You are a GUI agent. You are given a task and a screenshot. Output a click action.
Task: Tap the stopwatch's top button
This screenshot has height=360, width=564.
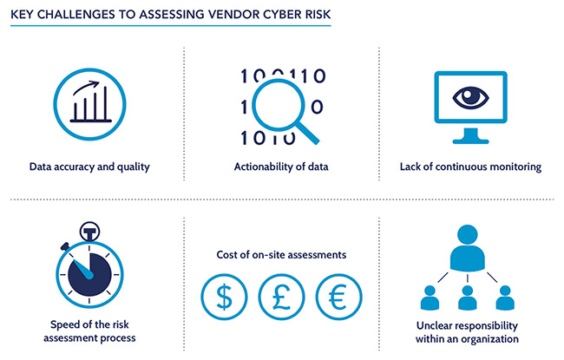(89, 232)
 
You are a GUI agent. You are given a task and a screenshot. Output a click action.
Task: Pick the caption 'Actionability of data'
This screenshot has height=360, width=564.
(281, 167)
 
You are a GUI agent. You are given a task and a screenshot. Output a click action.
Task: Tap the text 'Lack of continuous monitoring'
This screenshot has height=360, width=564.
(471, 167)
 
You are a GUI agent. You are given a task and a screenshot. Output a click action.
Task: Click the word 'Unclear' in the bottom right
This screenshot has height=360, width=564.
(435, 326)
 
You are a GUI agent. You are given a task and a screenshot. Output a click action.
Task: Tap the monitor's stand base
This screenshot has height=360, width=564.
(471, 140)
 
